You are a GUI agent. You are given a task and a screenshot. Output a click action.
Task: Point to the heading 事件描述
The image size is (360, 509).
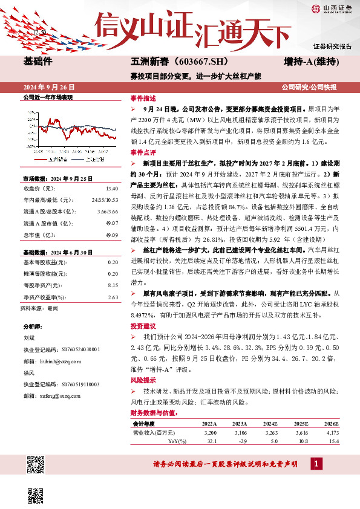143,98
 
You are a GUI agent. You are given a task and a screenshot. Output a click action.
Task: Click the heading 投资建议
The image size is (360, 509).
143,326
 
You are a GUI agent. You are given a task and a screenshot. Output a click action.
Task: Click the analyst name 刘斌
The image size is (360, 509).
28,339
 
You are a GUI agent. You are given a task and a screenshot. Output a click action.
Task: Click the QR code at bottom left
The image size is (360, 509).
36,466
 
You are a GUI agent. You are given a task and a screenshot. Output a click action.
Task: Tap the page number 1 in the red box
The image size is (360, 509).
316,464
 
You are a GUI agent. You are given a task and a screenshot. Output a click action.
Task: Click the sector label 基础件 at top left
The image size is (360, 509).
39,62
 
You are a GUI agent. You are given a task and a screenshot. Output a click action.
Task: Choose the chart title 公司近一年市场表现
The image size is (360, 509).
47,97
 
